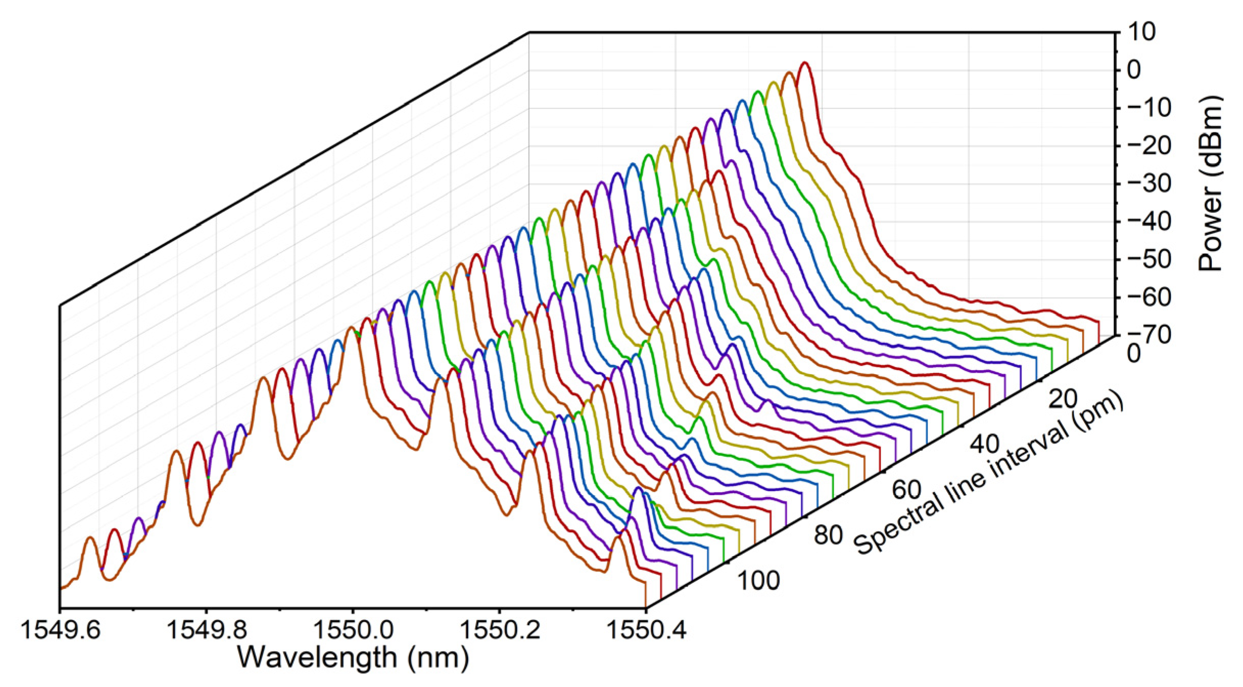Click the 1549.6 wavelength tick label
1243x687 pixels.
tap(60, 630)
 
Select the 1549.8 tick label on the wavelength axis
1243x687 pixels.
tap(207, 630)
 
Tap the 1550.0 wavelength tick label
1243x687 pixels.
tap(353, 630)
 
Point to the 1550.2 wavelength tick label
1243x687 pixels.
tap(500, 630)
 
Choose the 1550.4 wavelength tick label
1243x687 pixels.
tap(646, 630)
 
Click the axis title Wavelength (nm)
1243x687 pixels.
tap(353, 657)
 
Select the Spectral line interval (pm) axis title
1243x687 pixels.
tap(989, 472)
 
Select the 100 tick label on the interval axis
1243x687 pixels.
tap(758, 581)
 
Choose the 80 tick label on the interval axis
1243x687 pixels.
tap(828, 535)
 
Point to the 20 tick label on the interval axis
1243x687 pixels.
tap(1063, 399)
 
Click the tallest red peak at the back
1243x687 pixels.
tap(805, 63)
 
